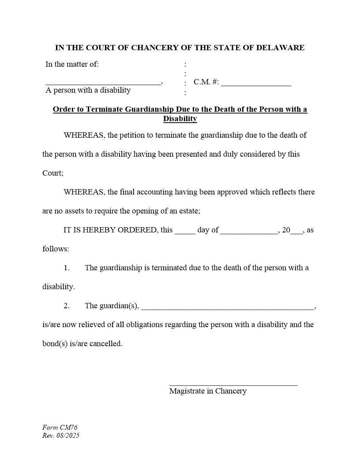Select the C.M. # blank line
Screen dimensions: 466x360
pyautogui.click(x=256, y=84)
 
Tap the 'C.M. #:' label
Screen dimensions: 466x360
pyautogui.click(x=206, y=82)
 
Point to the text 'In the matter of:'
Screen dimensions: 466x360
pyautogui.click(x=72, y=64)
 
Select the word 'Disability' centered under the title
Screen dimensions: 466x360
pyautogui.click(x=180, y=119)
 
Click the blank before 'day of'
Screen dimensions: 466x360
pyautogui.click(x=185, y=232)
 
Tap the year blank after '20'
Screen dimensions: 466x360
pyautogui.click(x=297, y=232)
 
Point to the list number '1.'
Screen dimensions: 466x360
pyautogui.click(x=67, y=268)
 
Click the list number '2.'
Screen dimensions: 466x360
pyautogui.click(x=67, y=306)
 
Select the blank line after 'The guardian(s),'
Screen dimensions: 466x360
pyautogui.click(x=228, y=308)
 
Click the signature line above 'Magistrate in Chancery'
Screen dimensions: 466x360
pyautogui.click(x=233, y=385)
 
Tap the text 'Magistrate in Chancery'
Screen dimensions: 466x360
pyautogui.click(x=208, y=391)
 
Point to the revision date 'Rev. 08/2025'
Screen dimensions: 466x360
pyautogui.click(x=61, y=436)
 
